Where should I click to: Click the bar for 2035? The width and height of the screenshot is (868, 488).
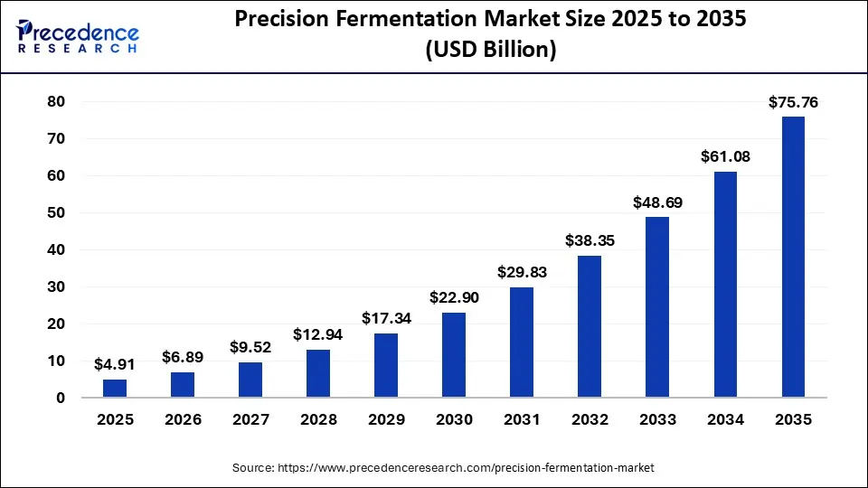[793, 257]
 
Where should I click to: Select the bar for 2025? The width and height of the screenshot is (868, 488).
[115, 388]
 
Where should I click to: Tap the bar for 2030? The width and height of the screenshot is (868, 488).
[454, 354]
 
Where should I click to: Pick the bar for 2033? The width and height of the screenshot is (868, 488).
[657, 306]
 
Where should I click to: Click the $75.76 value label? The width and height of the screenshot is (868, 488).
[793, 103]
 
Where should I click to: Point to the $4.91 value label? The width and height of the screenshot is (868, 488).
[115, 365]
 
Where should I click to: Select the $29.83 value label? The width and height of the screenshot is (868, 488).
[522, 273]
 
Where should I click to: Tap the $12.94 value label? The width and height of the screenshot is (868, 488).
[318, 335]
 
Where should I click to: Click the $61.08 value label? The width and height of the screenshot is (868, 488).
[725, 157]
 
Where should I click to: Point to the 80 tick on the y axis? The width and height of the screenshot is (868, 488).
[57, 102]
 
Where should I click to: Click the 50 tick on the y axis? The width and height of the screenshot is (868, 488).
[57, 213]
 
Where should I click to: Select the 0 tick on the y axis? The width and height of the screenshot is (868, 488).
[61, 398]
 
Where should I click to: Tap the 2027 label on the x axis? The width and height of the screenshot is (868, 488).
[250, 420]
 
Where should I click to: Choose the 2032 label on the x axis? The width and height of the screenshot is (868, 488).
[590, 420]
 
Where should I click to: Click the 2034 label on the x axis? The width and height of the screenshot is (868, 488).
[725, 420]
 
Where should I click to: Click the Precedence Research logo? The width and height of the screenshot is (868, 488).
[78, 35]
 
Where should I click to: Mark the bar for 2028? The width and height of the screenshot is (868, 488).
[318, 373]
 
